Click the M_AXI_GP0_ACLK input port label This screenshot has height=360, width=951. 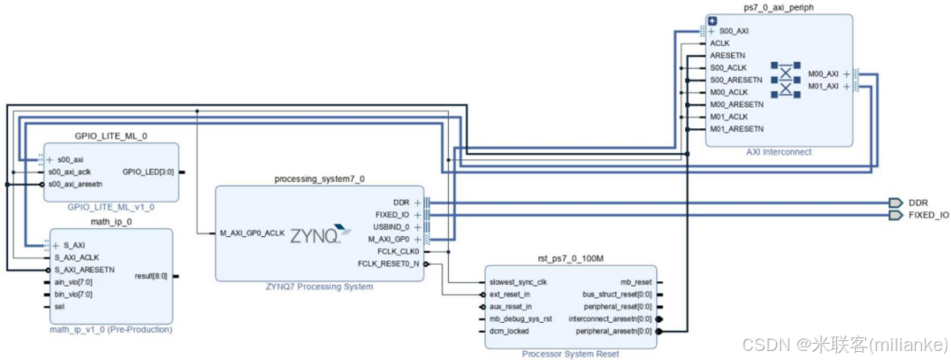point(253,233)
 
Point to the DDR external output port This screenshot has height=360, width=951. point(917,203)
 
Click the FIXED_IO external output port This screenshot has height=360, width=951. point(927,215)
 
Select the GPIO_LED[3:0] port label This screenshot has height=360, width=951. point(149,171)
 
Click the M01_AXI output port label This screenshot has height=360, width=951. point(823,87)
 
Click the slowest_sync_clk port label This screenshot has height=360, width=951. point(518,281)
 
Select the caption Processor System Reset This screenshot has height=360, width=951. point(570,354)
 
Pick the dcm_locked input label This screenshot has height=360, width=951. point(509,331)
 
